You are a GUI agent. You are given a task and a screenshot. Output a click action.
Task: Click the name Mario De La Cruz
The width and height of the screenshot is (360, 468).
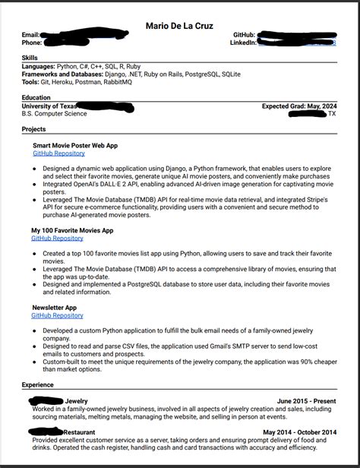tap(180, 26)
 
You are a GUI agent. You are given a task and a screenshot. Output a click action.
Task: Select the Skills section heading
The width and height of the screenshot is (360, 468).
tap(31, 58)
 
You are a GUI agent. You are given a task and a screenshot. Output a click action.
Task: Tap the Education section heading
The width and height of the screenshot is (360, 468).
tap(36, 97)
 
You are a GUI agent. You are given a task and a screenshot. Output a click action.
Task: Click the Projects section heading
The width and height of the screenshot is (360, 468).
tap(34, 129)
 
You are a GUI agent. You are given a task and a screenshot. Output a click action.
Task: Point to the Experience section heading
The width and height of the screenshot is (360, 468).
tap(38, 385)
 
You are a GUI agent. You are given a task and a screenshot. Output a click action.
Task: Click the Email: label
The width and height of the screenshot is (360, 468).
tap(30, 35)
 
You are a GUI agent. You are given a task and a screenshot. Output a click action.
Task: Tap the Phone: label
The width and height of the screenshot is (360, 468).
tap(32, 43)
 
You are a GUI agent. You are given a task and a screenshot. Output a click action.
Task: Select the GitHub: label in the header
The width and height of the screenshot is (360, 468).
tap(245, 35)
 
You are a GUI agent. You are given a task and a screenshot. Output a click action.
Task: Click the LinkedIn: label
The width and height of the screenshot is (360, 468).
tap(243, 43)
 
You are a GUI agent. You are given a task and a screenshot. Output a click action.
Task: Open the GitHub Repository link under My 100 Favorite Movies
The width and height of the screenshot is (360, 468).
tap(57, 238)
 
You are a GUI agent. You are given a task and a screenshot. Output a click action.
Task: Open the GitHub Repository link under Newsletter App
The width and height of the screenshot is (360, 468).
tap(57, 315)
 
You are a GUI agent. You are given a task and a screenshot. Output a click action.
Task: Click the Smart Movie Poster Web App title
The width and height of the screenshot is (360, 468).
tap(75, 145)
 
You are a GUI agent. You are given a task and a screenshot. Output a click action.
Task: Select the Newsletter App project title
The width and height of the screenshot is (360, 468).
tap(54, 308)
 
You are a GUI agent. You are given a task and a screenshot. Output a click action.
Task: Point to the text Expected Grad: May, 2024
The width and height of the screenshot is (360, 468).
tap(299, 106)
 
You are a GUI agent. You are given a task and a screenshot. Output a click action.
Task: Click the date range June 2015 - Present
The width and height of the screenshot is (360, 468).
tap(307, 400)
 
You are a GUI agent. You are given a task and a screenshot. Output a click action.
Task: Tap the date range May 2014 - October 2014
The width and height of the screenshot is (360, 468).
tap(300, 432)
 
